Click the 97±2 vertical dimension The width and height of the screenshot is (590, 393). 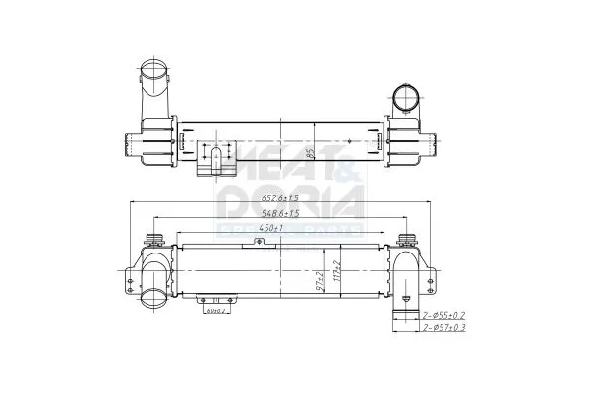click(320, 281)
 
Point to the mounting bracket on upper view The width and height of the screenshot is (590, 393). click(215, 158)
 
